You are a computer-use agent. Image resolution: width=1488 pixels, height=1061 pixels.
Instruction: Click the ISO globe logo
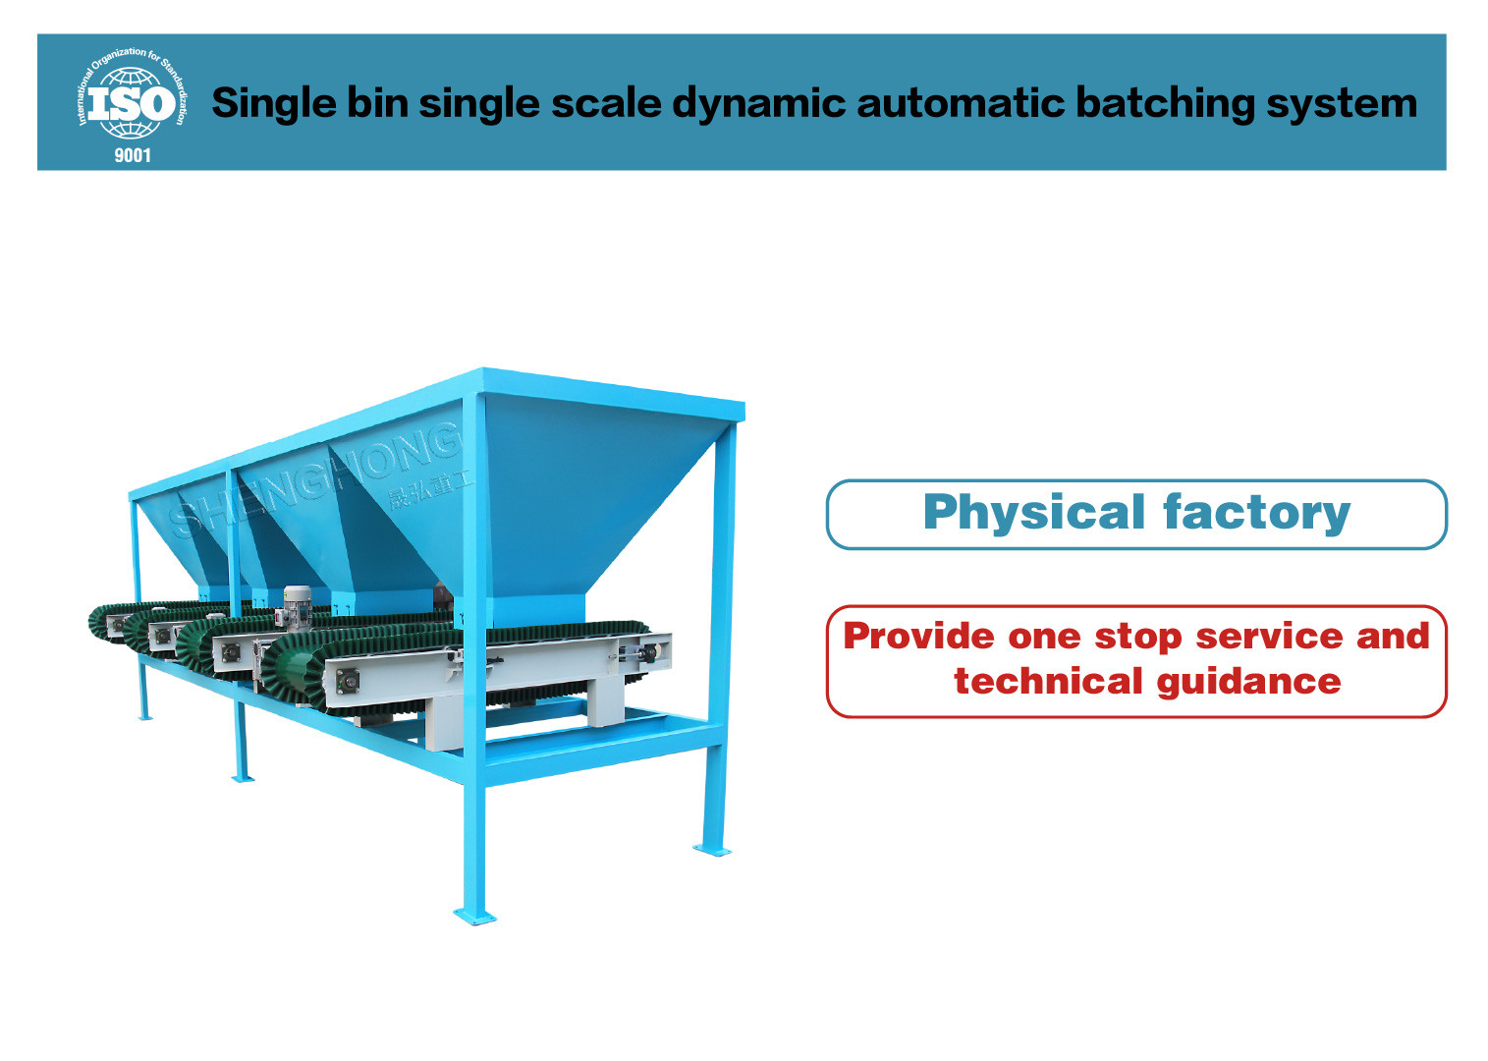click(129, 102)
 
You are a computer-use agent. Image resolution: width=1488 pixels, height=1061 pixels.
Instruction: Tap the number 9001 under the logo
click(133, 155)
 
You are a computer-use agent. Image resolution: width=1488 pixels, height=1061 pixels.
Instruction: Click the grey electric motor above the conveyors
click(295, 601)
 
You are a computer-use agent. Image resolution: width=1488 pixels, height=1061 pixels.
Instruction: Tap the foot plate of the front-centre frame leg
click(474, 918)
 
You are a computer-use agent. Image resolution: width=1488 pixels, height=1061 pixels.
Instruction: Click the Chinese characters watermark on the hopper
click(428, 489)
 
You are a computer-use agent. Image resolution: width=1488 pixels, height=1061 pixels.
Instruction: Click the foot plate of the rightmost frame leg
click(712, 850)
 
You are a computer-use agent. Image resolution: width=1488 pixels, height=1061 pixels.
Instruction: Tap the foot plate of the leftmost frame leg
click(145, 716)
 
